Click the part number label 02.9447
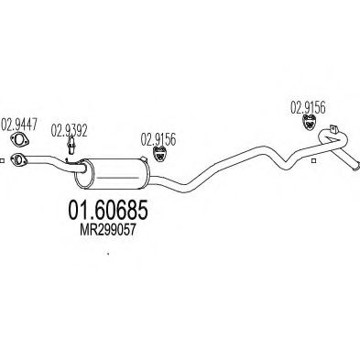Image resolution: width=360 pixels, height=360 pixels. tap(19, 125)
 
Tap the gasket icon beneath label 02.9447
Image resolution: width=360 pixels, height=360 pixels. tap(19, 140)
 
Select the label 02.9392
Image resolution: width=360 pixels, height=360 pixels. tap(69, 130)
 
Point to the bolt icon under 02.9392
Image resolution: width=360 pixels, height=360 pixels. tap(71, 146)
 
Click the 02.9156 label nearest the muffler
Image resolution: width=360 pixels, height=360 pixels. tap(158, 139)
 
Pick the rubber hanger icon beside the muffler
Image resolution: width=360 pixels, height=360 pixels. tap(159, 153)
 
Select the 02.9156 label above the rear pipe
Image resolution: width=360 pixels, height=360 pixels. tap(308, 107)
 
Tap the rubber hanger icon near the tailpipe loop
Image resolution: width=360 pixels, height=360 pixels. tap(309, 121)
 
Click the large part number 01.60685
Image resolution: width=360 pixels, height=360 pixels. tap(108, 210)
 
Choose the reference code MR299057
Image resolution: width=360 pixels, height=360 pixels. tap(107, 230)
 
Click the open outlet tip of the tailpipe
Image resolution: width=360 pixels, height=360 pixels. tap(356, 168)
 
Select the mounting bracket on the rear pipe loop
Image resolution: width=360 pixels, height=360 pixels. tap(333, 129)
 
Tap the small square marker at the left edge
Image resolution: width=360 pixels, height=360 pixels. tap(2, 161)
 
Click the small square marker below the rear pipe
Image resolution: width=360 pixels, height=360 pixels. tap(313, 161)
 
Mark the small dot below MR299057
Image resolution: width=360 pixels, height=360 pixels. tap(107, 253)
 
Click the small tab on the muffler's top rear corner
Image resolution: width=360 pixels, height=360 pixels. tap(143, 158)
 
